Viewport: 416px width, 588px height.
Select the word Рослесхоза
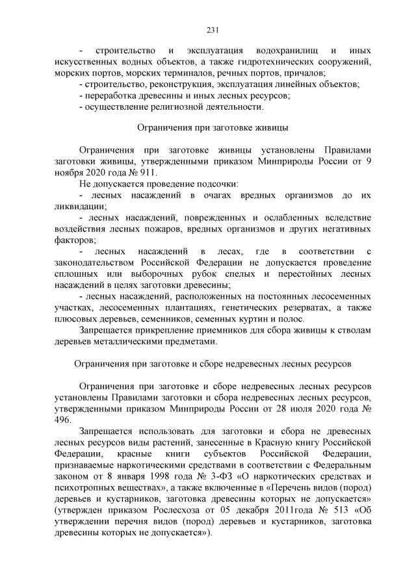pyautogui.click(x=168, y=509)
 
